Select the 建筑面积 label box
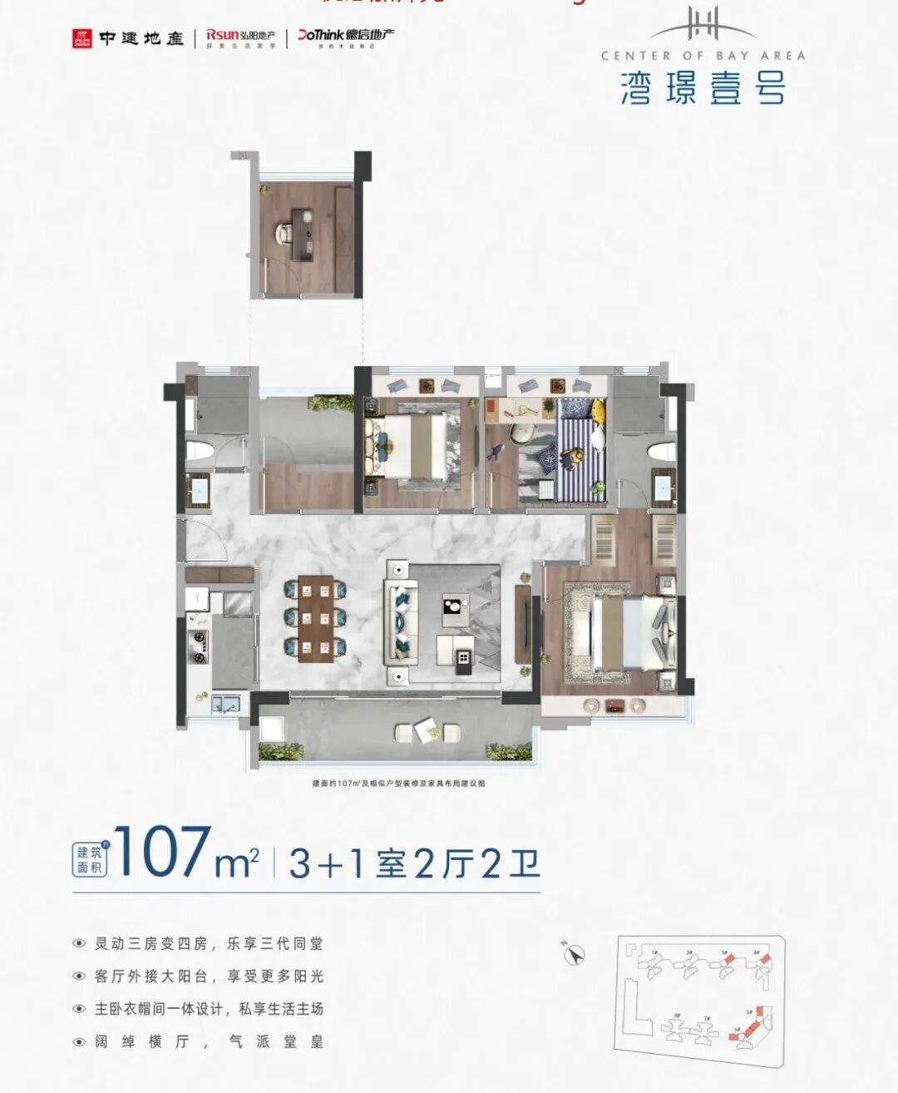tap(89, 859)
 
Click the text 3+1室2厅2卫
tap(414, 864)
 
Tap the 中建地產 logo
tap(128, 38)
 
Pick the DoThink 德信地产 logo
tap(346, 38)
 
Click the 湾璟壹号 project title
tap(703, 88)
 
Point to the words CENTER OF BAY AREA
tap(703, 56)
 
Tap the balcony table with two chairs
tap(427, 732)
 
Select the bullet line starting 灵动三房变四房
tap(208, 944)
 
